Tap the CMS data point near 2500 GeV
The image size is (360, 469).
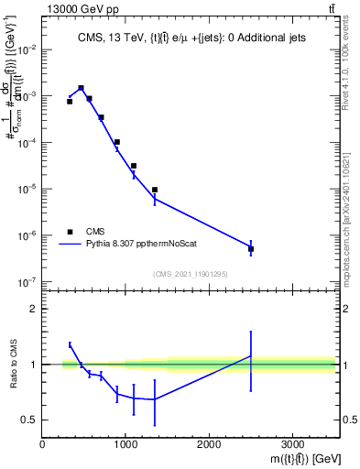tap(251, 249)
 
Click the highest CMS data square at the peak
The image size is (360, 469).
tap(82, 88)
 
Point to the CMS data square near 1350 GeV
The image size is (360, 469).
tap(155, 190)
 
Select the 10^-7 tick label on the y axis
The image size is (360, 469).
tap(28, 282)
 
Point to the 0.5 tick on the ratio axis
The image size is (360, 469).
tap(30, 420)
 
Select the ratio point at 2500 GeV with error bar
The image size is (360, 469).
tap(251, 356)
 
